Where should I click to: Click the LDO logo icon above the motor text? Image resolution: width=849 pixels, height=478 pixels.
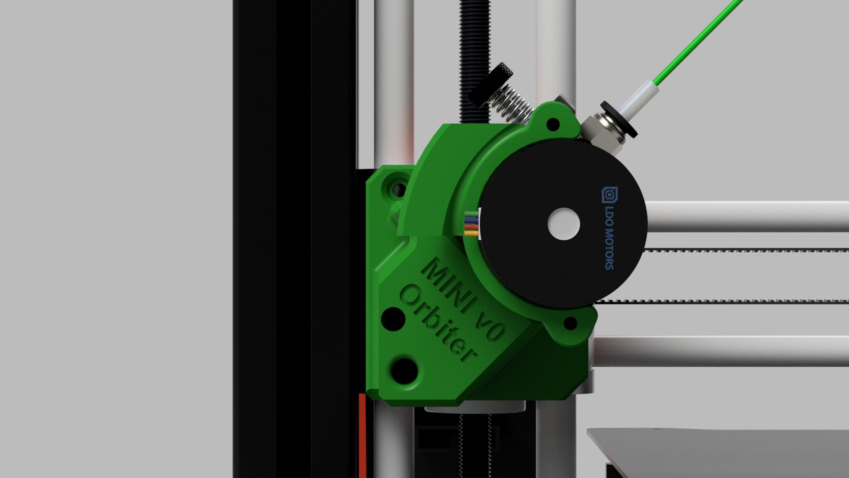pos(609,194)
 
